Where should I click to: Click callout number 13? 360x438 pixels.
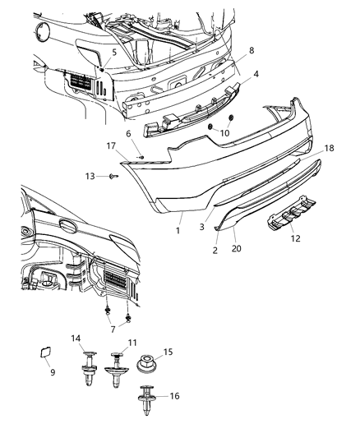[x=92, y=176]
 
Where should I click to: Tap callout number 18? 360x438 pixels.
[x=330, y=149]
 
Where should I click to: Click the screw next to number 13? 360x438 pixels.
[x=114, y=176]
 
